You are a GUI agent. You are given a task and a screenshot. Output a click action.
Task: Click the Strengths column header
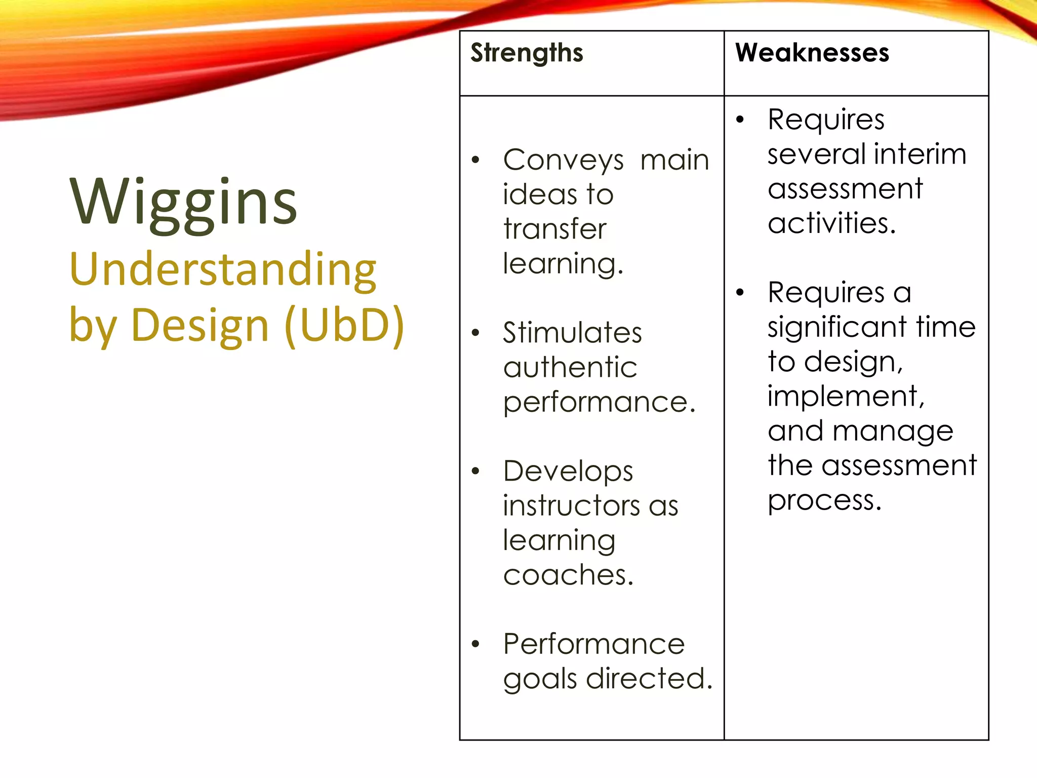point(527,53)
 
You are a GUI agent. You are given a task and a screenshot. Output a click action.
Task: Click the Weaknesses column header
point(812,53)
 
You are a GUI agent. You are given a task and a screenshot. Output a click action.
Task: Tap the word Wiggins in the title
point(183,203)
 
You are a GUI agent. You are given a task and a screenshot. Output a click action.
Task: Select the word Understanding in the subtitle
point(223,270)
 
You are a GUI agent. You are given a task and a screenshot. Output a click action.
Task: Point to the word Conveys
point(563,161)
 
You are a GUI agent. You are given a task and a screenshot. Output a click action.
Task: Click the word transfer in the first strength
point(554,229)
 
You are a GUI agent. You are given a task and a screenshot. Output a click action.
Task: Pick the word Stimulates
point(572,333)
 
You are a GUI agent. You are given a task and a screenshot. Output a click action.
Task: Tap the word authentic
point(570,367)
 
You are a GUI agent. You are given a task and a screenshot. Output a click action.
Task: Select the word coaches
point(568,575)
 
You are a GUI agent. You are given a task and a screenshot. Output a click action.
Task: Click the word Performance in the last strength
point(593,644)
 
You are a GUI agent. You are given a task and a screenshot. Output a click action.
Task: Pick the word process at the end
point(824,501)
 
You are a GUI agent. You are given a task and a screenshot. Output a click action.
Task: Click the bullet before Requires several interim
point(740,120)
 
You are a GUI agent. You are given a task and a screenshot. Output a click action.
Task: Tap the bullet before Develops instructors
point(475,471)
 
